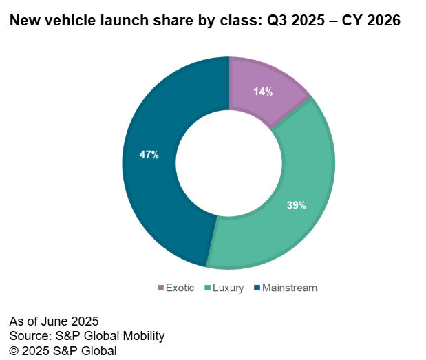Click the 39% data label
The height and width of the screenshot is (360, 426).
[296, 205]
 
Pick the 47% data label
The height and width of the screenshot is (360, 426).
[149, 155]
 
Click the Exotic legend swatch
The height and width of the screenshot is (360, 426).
[161, 288]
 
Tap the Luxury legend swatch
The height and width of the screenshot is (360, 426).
[207, 288]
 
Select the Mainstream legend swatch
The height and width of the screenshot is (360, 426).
[257, 288]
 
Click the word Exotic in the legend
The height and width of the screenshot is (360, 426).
[181, 288]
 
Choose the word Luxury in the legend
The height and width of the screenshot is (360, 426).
[228, 288]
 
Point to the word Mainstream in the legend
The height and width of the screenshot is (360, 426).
[290, 288]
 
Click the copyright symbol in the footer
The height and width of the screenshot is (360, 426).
[14, 350]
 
